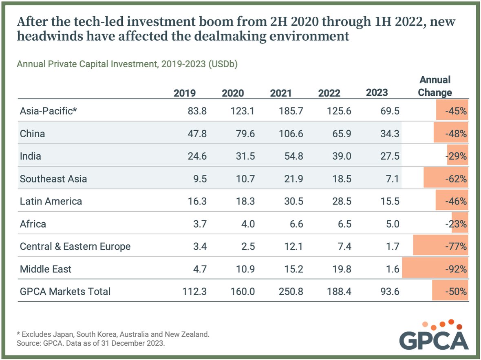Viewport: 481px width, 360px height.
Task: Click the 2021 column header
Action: pyautogui.click(x=281, y=93)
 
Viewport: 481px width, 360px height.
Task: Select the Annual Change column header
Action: pyautogui.click(x=435, y=86)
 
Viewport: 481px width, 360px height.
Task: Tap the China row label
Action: pyautogui.click(x=33, y=134)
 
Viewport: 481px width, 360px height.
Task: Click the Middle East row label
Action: pyautogui.click(x=45, y=269)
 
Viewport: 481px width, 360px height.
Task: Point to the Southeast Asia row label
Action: pyautogui.click(x=53, y=179)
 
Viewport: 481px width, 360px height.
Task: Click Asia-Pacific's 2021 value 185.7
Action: pyautogui.click(x=291, y=111)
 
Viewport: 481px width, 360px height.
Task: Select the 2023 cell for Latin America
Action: pyautogui.click(x=390, y=201)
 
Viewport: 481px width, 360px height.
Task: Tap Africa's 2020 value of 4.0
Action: pyautogui.click(x=248, y=224)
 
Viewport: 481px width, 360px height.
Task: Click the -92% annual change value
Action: pyautogui.click(x=456, y=269)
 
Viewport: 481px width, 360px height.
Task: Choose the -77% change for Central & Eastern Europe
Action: pyautogui.click(x=456, y=246)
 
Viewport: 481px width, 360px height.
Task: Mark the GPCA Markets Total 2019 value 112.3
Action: pyautogui.click(x=194, y=291)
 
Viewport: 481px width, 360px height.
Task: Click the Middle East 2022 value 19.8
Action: pyautogui.click(x=342, y=269)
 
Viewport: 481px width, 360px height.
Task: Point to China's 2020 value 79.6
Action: pyautogui.click(x=245, y=134)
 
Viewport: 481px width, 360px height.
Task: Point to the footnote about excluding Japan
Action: pyautogui.click(x=113, y=334)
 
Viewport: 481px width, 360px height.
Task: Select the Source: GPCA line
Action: pyautogui.click(x=90, y=343)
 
